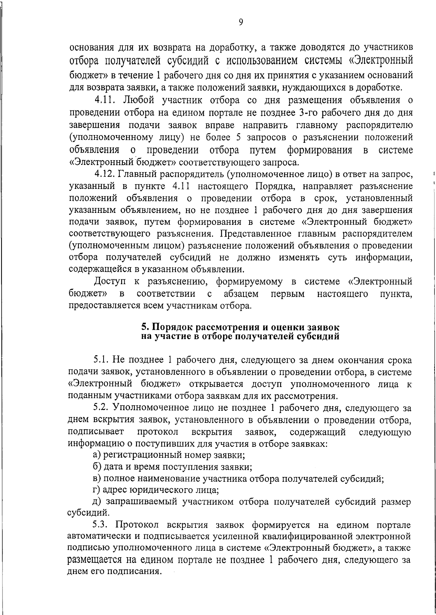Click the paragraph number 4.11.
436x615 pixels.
tap(105, 100)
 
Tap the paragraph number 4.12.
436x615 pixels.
tap(104, 174)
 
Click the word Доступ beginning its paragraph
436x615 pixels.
tap(108, 282)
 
